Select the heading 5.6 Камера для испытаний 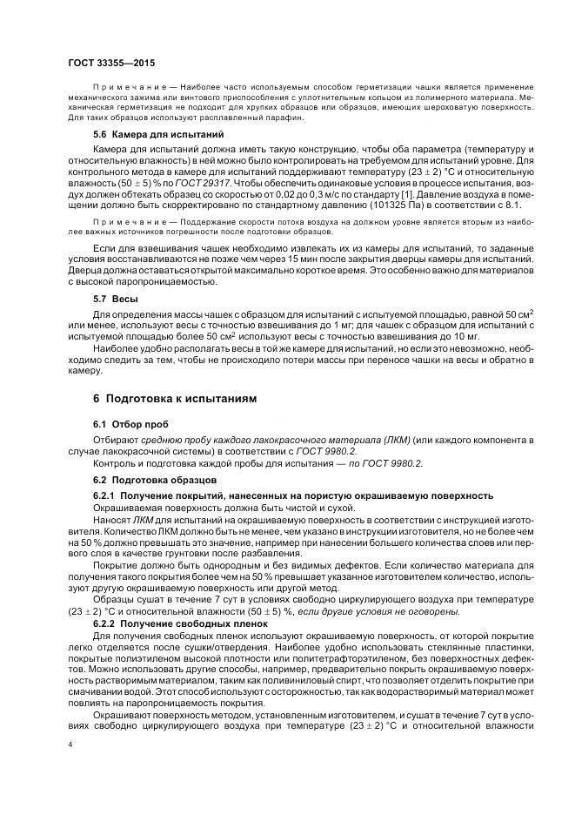pos(147,135)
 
